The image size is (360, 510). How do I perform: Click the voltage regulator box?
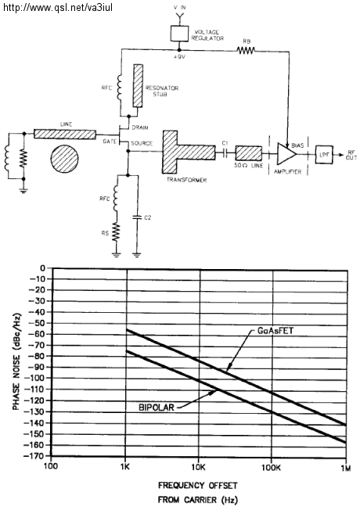click(180, 33)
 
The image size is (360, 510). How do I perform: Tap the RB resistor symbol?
click(246, 50)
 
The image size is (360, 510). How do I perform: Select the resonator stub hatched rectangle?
click(138, 85)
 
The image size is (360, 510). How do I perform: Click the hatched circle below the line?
click(64, 159)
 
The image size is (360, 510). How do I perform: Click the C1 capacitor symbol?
click(225, 153)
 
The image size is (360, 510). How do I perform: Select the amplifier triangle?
click(286, 153)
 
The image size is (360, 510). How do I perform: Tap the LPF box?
click(324, 155)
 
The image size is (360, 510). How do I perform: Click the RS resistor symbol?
click(116, 232)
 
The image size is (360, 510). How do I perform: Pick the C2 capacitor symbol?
click(138, 217)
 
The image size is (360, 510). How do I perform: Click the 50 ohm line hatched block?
click(249, 153)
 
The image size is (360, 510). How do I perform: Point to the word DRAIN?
click(140, 127)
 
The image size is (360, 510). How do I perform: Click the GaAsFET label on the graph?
click(275, 331)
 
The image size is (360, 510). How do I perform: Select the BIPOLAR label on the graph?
click(157, 408)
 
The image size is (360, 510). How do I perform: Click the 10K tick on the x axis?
click(199, 468)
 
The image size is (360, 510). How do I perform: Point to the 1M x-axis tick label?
click(346, 468)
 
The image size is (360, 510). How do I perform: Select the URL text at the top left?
click(58, 7)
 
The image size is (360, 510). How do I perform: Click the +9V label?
click(179, 56)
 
